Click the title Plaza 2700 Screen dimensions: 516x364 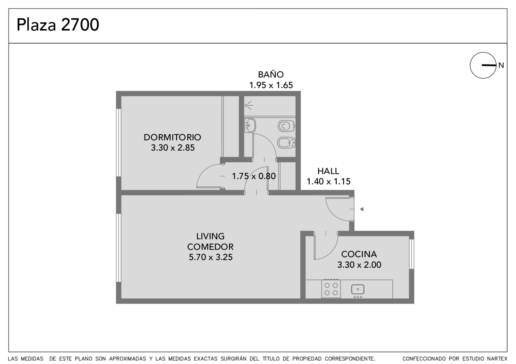point(58,24)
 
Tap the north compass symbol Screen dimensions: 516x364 point(483,65)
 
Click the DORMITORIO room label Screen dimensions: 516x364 point(172,137)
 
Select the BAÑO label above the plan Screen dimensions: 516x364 point(271,74)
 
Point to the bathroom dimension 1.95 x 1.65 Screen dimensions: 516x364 point(271,85)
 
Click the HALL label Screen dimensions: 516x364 point(328,171)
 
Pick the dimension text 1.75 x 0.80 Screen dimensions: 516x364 point(253,176)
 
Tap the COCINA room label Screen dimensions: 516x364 point(359,254)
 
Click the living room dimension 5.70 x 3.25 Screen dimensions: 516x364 point(211,257)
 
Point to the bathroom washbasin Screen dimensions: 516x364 point(250,125)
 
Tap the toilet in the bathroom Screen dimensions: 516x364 point(286,126)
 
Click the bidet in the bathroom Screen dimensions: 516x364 point(286,143)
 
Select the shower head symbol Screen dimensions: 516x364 point(249,105)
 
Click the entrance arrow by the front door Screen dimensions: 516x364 point(362,209)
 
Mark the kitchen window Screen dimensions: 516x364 point(412,254)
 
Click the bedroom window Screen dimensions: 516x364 point(118,143)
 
